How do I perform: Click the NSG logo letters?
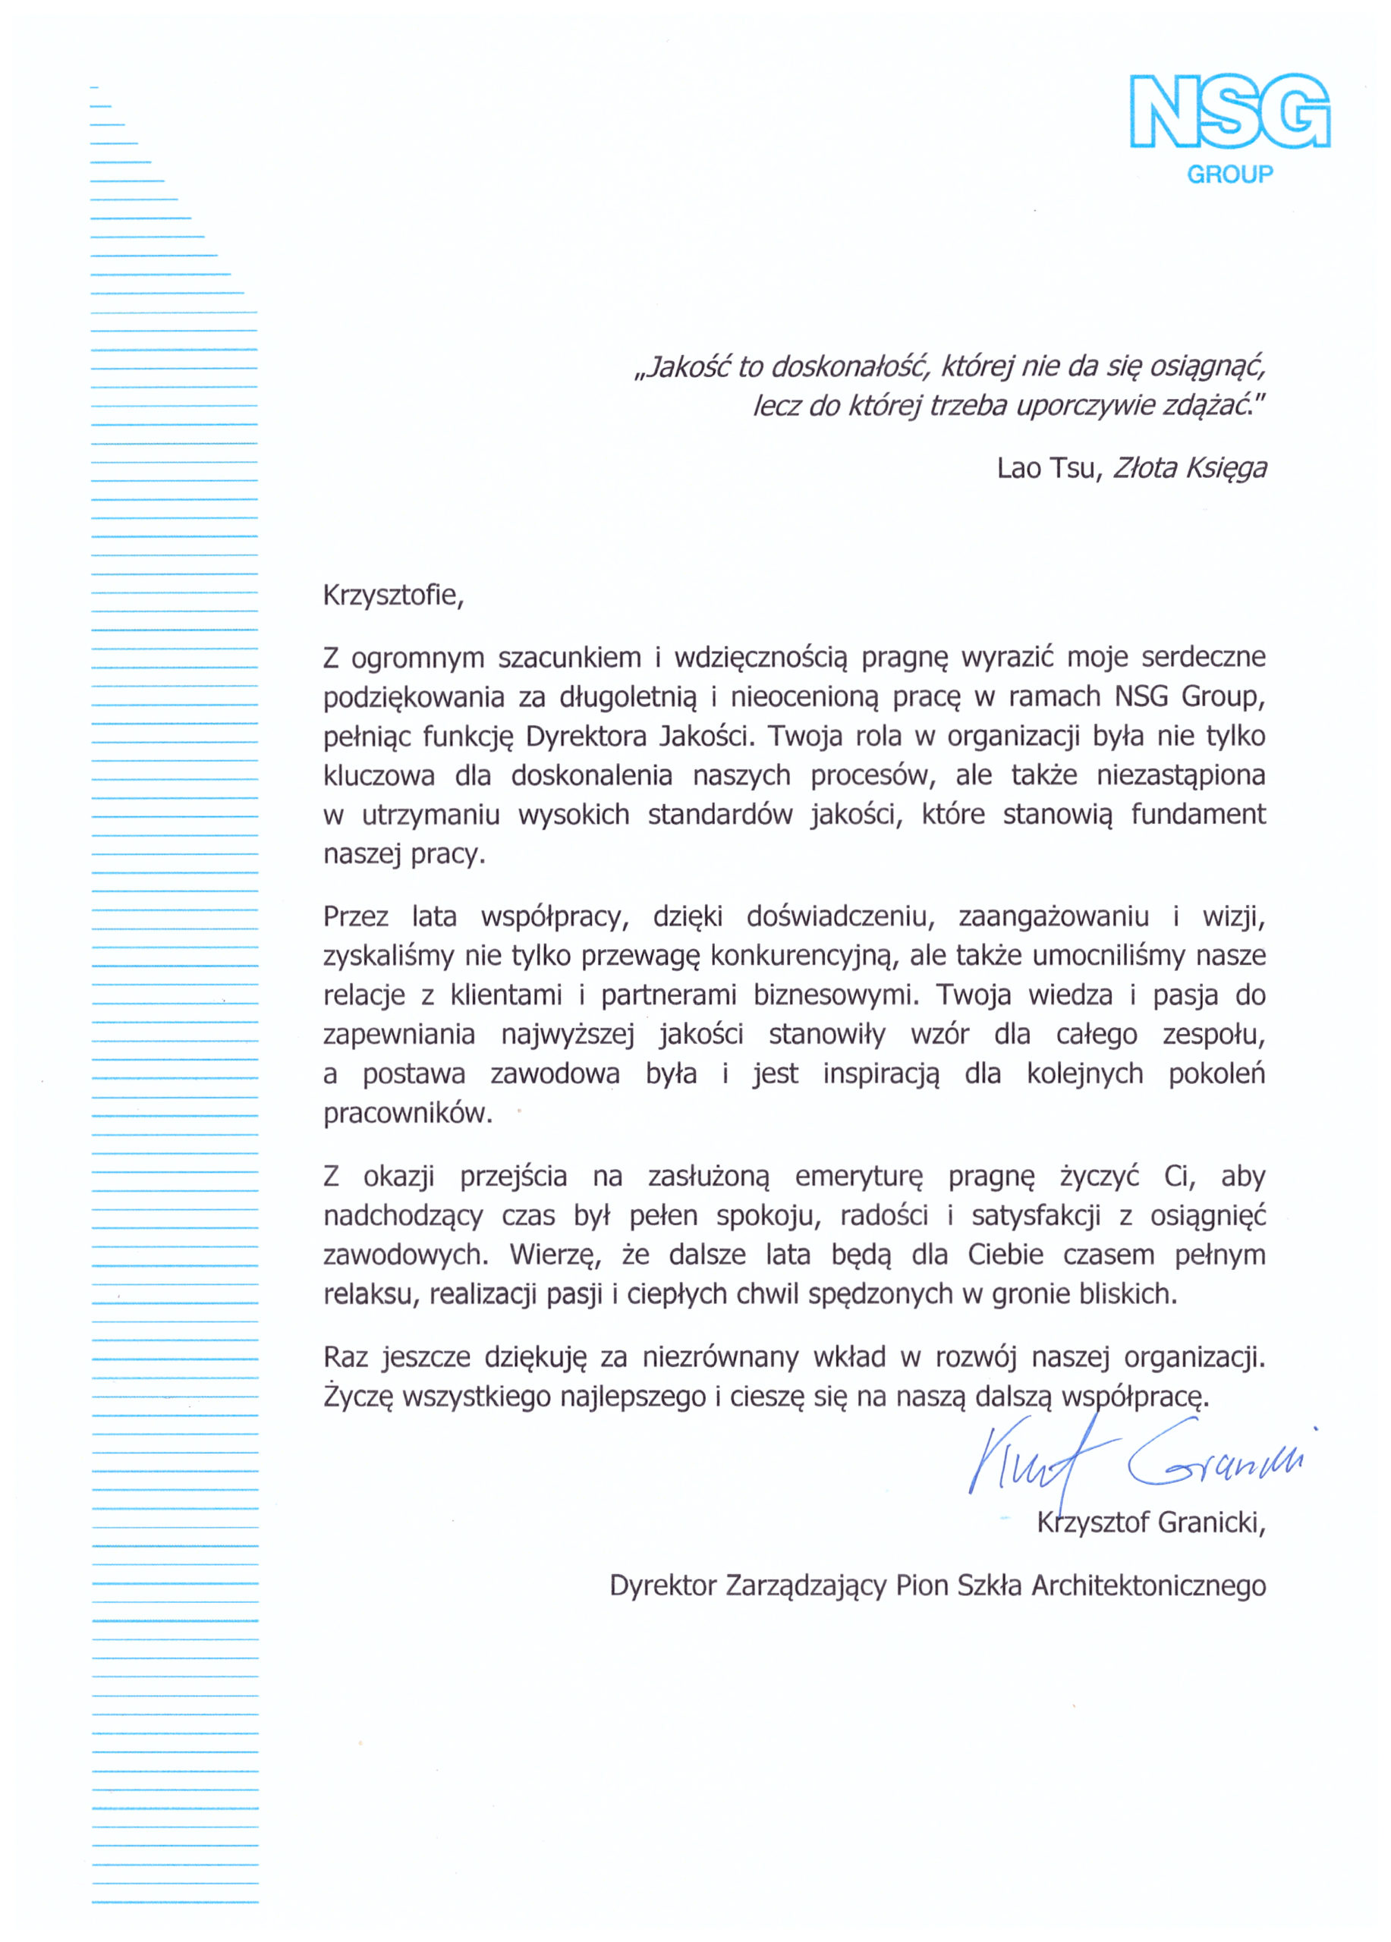pyautogui.click(x=1229, y=112)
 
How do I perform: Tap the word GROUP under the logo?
pyautogui.click(x=1230, y=174)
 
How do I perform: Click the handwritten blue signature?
pyautogui.click(x=1139, y=1456)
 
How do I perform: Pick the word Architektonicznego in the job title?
pyautogui.click(x=1149, y=1585)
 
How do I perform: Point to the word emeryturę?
pyautogui.click(x=859, y=1178)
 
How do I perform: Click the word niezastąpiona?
pyautogui.click(x=1180, y=776)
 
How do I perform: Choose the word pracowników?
pyautogui.click(x=408, y=1114)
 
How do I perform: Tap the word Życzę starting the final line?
pyautogui.click(x=357, y=1397)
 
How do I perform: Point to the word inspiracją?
pyautogui.click(x=880, y=1075)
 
